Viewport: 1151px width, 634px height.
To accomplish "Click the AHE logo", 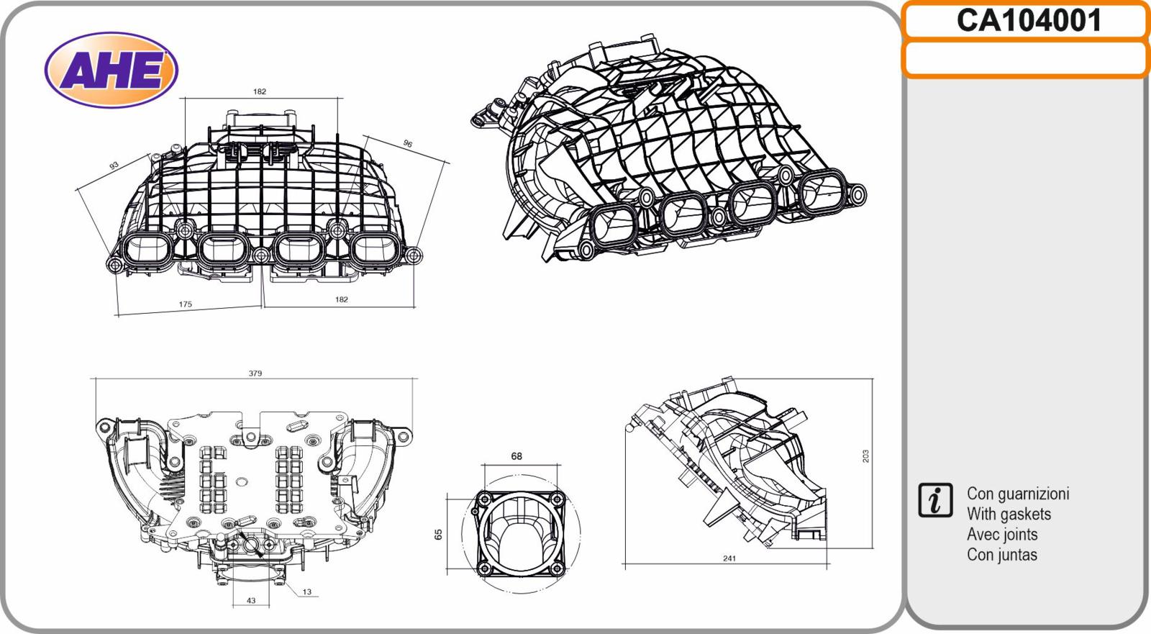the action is pos(111,70).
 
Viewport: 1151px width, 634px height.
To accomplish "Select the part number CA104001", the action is pos(1029,21).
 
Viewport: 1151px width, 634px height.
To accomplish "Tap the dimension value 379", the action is pos(255,373).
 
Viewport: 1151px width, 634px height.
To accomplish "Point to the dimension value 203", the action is pos(866,456).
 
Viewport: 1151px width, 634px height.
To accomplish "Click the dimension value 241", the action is pos(729,558).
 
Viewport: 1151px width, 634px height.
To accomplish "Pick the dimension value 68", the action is pos(517,456).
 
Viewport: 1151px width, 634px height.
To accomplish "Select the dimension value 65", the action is pos(438,535).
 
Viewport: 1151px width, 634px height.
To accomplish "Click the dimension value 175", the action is pos(185,304).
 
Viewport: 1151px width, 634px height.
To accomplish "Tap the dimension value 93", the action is pos(114,166).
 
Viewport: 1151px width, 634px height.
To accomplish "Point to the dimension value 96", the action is pos(407,143).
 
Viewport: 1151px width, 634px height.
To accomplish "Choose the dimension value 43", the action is pos(251,601).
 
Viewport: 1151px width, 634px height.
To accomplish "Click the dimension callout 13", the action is pos(306,592).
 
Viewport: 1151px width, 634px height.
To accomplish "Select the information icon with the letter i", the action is pos(935,500).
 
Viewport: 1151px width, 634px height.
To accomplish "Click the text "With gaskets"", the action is pos(1009,515).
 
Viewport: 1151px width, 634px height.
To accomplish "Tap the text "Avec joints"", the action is pos(1002,535).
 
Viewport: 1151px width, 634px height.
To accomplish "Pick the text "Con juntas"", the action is pos(1002,555).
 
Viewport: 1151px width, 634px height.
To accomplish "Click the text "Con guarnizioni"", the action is pos(1018,494).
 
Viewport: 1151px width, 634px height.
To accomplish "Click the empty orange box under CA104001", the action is pos(1026,59).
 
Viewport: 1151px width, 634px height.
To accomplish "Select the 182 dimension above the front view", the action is pos(260,91).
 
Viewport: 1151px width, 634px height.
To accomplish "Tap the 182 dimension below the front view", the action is pos(341,299).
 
